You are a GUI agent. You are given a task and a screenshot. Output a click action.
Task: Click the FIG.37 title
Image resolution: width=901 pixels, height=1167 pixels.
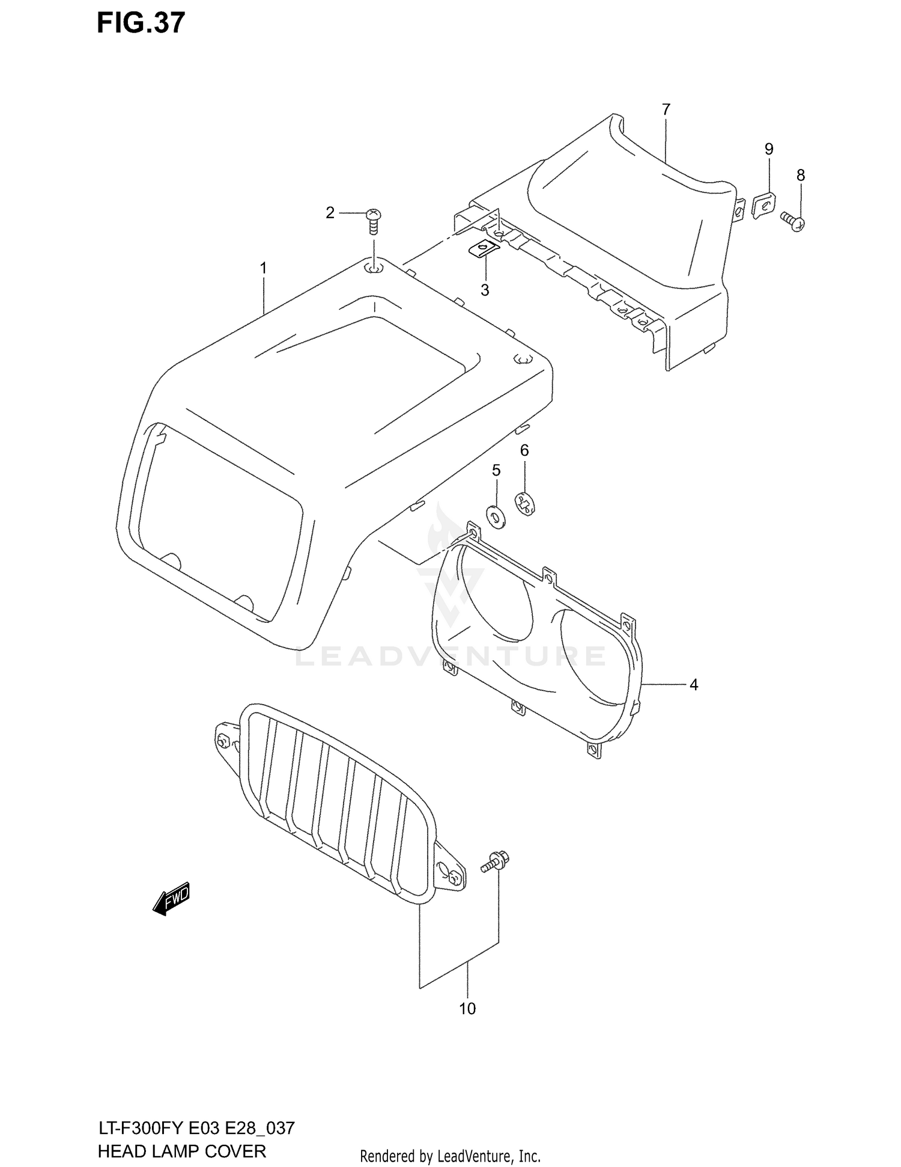141,23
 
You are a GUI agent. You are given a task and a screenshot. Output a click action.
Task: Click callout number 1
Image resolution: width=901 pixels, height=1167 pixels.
263,268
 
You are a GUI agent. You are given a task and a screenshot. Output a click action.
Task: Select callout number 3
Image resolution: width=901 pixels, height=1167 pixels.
485,290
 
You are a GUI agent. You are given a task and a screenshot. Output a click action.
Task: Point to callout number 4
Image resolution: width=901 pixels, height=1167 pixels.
693,684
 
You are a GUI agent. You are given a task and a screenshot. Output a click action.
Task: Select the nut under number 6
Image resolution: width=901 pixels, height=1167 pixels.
524,503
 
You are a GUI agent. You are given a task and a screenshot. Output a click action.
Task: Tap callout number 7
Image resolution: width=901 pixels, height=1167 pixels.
666,110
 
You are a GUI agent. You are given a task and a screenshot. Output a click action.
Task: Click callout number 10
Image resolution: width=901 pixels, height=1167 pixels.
467,1009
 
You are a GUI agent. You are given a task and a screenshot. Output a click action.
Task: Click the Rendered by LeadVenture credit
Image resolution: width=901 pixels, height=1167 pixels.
450,1156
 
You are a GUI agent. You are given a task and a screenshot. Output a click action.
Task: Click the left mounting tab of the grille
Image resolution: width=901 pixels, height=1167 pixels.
227,741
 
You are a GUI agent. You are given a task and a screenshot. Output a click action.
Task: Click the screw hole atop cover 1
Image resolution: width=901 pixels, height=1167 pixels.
373,268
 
